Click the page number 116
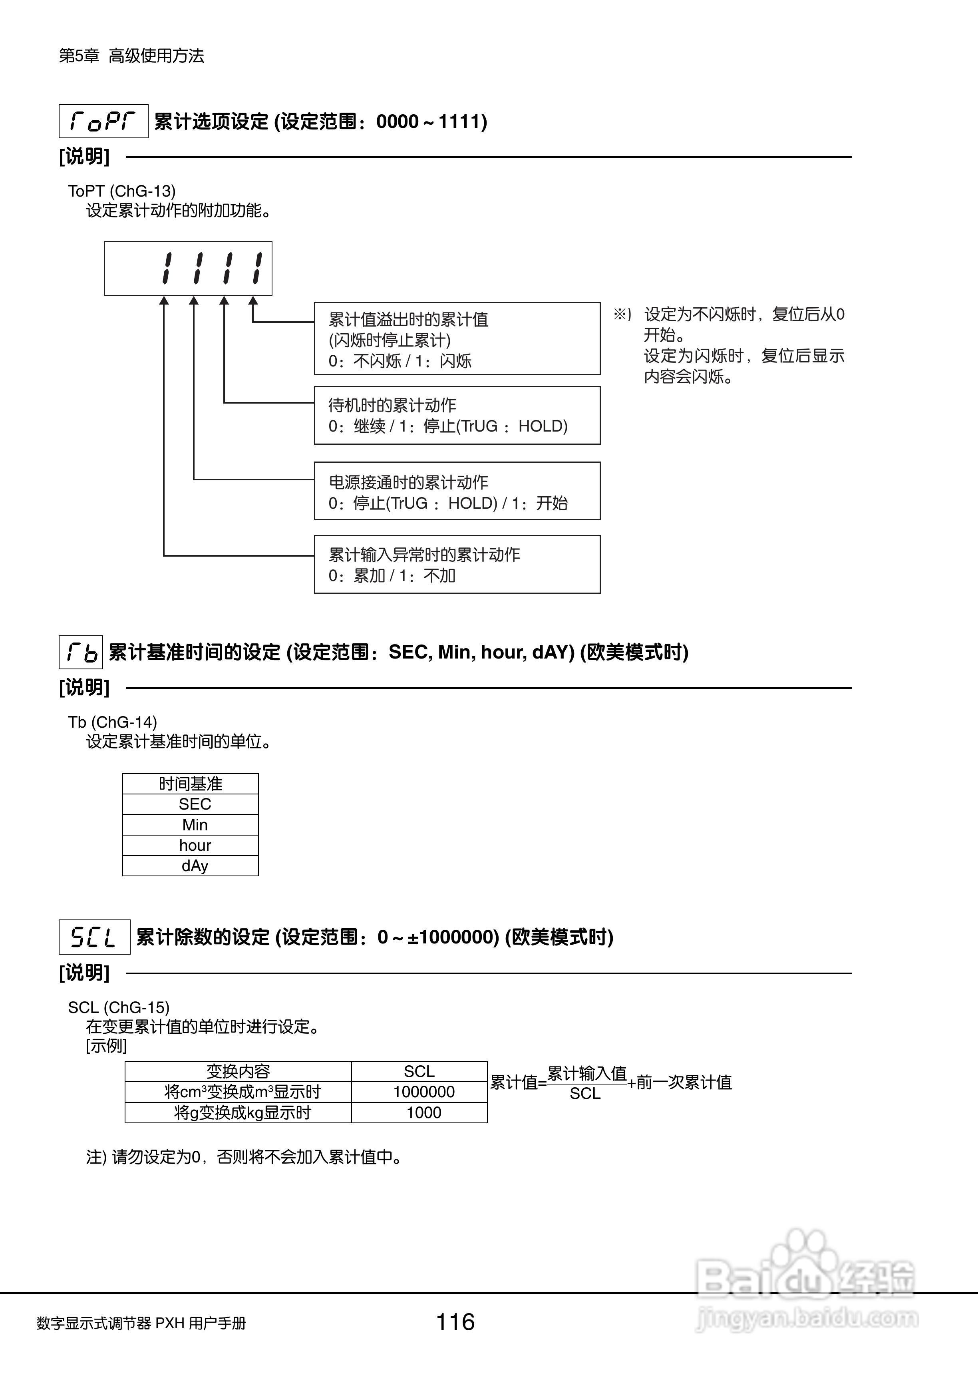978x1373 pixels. pyautogui.click(x=455, y=1322)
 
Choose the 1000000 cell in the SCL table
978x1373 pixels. pyautogui.click(x=423, y=1092)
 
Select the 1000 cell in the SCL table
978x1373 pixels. pyautogui.click(x=423, y=1112)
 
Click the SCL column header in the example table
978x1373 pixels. pyautogui.click(x=419, y=1071)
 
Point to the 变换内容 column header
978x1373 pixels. pyautogui.click(x=238, y=1071)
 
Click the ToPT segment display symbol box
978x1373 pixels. pyautogui.click(x=103, y=121)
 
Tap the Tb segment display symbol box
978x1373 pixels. pyautogui.click(x=81, y=652)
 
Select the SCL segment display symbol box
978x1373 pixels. pyautogui.click(x=94, y=937)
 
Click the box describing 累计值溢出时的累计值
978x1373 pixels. pyautogui.click(x=457, y=339)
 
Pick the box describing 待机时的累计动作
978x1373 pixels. pyautogui.click(x=457, y=416)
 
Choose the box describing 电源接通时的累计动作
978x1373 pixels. pyautogui.click(x=457, y=491)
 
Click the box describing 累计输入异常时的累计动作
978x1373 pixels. pyautogui.click(x=457, y=564)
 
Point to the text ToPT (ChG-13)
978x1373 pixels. pyautogui.click(x=121, y=191)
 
